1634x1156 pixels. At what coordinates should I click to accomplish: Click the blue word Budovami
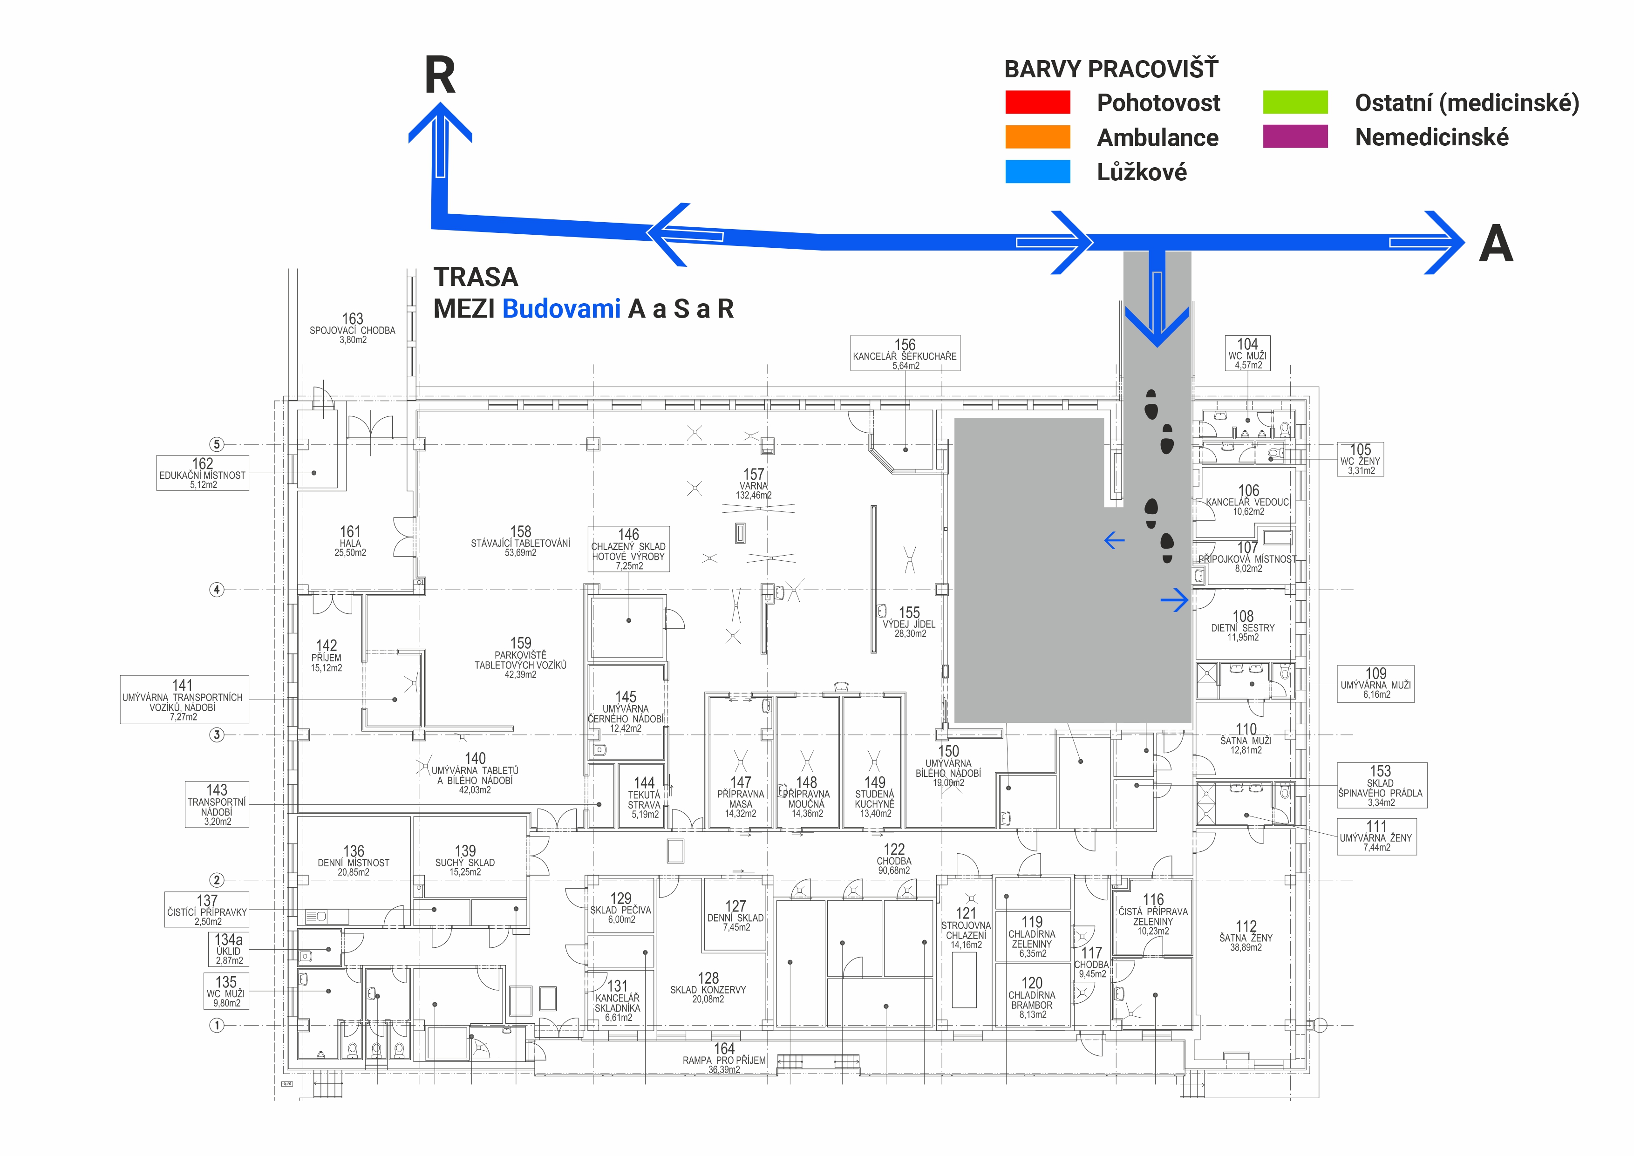(x=561, y=309)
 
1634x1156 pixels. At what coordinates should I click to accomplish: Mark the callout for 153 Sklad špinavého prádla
(x=1381, y=786)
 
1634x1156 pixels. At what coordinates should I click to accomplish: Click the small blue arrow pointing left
(x=1114, y=540)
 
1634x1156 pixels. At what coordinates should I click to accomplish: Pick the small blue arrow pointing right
(x=1174, y=600)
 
